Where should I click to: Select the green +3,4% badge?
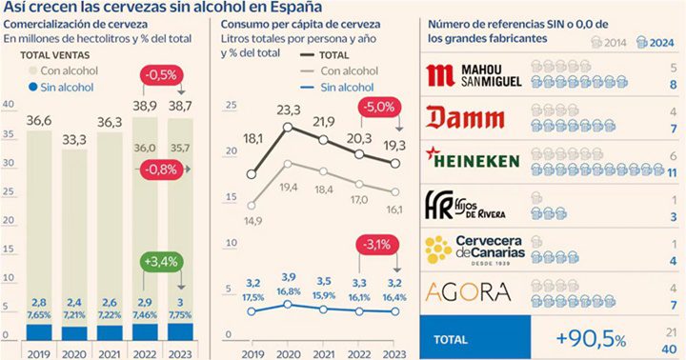[x=164, y=260]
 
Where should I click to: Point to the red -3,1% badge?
[x=379, y=247]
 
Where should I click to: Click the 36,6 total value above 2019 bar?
[x=38, y=120]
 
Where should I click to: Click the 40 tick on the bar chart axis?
[x=9, y=105]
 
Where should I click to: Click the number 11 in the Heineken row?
[x=672, y=171]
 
